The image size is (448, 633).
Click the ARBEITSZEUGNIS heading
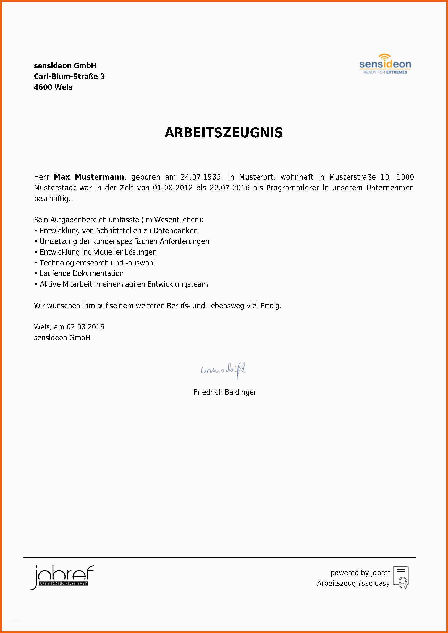pos(224,133)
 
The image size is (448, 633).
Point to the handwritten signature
pos(223,370)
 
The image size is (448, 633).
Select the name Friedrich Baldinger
pos(225,392)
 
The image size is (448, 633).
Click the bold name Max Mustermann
pos(89,177)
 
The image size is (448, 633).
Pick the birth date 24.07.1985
pos(201,177)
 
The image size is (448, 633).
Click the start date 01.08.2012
pos(173,188)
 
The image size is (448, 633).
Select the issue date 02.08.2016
pos(85,327)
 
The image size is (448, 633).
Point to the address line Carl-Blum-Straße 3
pos(69,77)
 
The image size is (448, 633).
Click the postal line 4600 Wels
pos(53,87)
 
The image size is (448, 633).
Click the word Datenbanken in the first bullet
pos(175,231)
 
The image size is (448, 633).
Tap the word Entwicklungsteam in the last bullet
pos(177,284)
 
